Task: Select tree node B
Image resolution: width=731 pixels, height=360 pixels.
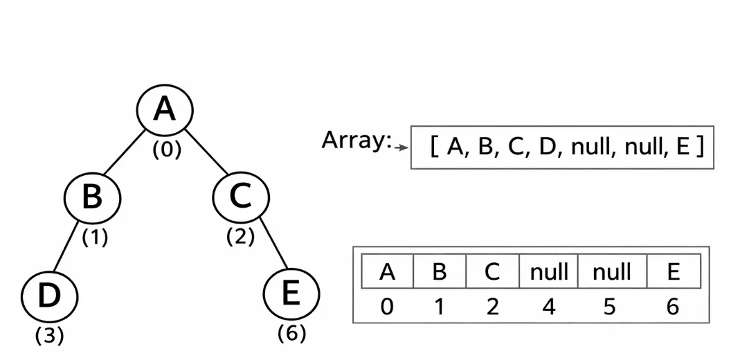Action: [92, 197]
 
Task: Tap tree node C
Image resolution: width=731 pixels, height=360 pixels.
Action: [240, 197]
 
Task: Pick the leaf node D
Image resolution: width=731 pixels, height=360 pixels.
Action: [49, 296]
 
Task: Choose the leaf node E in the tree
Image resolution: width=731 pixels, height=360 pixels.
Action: [291, 293]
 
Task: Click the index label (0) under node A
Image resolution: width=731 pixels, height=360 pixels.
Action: [167, 150]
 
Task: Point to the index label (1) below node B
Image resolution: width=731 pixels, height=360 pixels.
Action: [95, 237]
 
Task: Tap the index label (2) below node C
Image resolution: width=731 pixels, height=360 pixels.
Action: [240, 237]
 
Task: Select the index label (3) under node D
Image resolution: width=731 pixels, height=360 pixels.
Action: [49, 336]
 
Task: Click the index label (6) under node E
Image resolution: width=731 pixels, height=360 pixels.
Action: [291, 333]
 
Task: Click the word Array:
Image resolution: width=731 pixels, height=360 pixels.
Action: [356, 141]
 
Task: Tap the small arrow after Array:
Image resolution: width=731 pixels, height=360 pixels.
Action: [400, 147]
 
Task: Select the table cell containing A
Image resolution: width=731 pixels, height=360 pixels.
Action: [387, 271]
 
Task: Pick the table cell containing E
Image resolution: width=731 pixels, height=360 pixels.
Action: [673, 271]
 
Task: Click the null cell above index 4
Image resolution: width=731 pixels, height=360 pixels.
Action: [548, 271]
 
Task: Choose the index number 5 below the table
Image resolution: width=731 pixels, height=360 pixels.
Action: [609, 306]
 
